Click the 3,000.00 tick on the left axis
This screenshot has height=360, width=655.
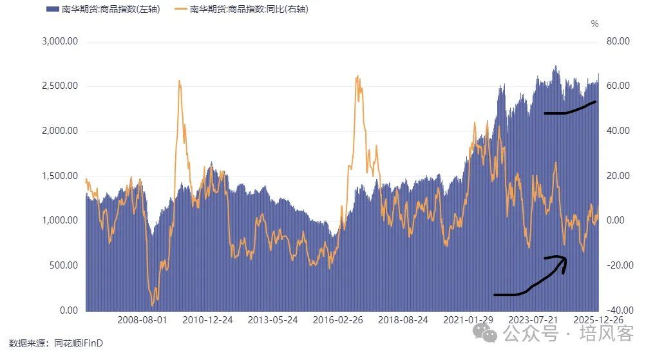coord(60,42)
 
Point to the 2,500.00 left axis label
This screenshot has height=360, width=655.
coord(60,86)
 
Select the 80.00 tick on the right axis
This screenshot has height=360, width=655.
coord(619,42)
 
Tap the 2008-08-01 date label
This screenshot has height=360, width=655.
coord(142,319)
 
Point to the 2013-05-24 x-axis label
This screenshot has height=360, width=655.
coord(273,319)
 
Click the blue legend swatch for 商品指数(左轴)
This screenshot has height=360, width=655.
coord(52,10)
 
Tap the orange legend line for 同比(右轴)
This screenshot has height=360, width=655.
coord(180,10)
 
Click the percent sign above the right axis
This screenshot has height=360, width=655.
coord(594,24)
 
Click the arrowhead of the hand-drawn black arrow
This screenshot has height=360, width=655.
coord(564,259)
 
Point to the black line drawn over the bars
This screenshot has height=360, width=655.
coord(569,109)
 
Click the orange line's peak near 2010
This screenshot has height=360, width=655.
coord(178,81)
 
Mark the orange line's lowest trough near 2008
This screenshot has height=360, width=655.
coord(153,305)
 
